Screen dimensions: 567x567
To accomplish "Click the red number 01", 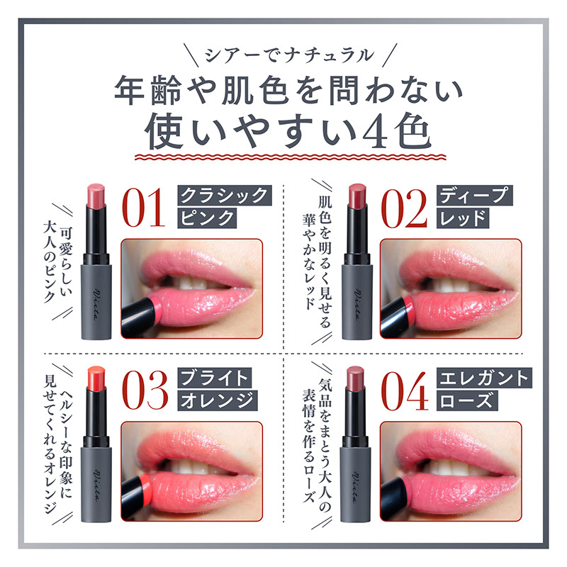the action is (x=144, y=208).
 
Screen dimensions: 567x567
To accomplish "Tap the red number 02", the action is (x=404, y=208).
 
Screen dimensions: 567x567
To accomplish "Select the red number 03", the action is (x=145, y=391).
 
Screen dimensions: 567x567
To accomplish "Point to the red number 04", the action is (x=405, y=391).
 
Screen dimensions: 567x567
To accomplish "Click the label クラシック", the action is (x=225, y=196).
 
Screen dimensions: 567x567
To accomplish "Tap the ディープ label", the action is (x=474, y=196).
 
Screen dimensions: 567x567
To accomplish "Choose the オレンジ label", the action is (x=218, y=400).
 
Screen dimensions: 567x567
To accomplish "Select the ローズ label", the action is (x=467, y=400).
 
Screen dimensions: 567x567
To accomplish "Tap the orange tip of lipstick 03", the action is (x=96, y=378).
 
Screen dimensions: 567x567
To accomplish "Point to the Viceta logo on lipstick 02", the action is (x=357, y=305).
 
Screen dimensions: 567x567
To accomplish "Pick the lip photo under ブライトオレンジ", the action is (x=191, y=471).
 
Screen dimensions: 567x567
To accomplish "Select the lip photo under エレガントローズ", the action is (x=451, y=471).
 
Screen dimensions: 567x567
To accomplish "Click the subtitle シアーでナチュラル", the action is (x=289, y=55).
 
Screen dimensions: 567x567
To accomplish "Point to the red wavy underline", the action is (x=291, y=157).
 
